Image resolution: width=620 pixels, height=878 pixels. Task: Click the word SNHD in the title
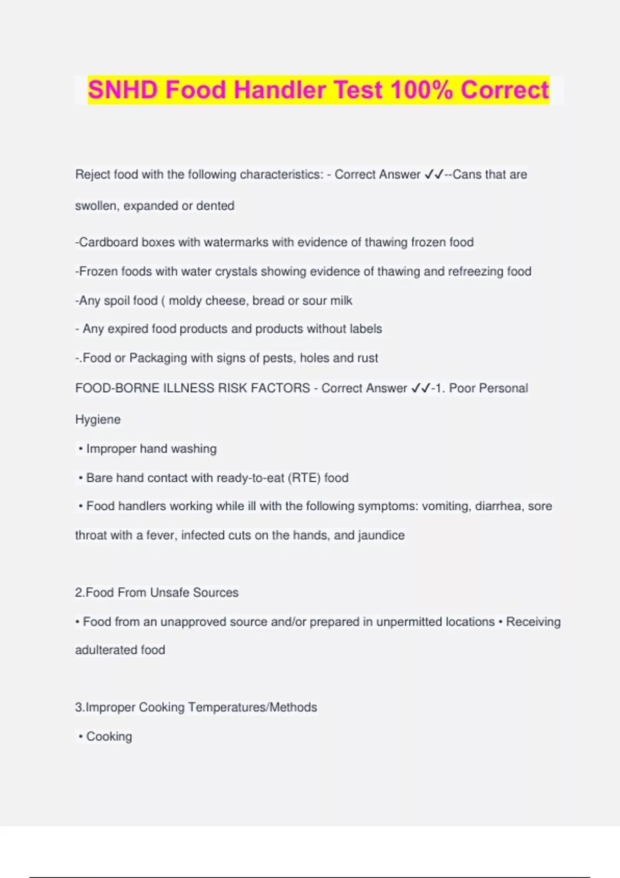(x=122, y=90)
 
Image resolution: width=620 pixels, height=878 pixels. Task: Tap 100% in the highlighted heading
(x=421, y=90)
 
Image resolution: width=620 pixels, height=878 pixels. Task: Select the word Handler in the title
(x=280, y=90)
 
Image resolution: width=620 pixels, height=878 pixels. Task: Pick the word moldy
(x=185, y=301)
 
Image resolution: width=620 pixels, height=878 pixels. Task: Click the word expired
(x=128, y=329)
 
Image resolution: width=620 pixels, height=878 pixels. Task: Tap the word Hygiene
(x=98, y=420)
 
